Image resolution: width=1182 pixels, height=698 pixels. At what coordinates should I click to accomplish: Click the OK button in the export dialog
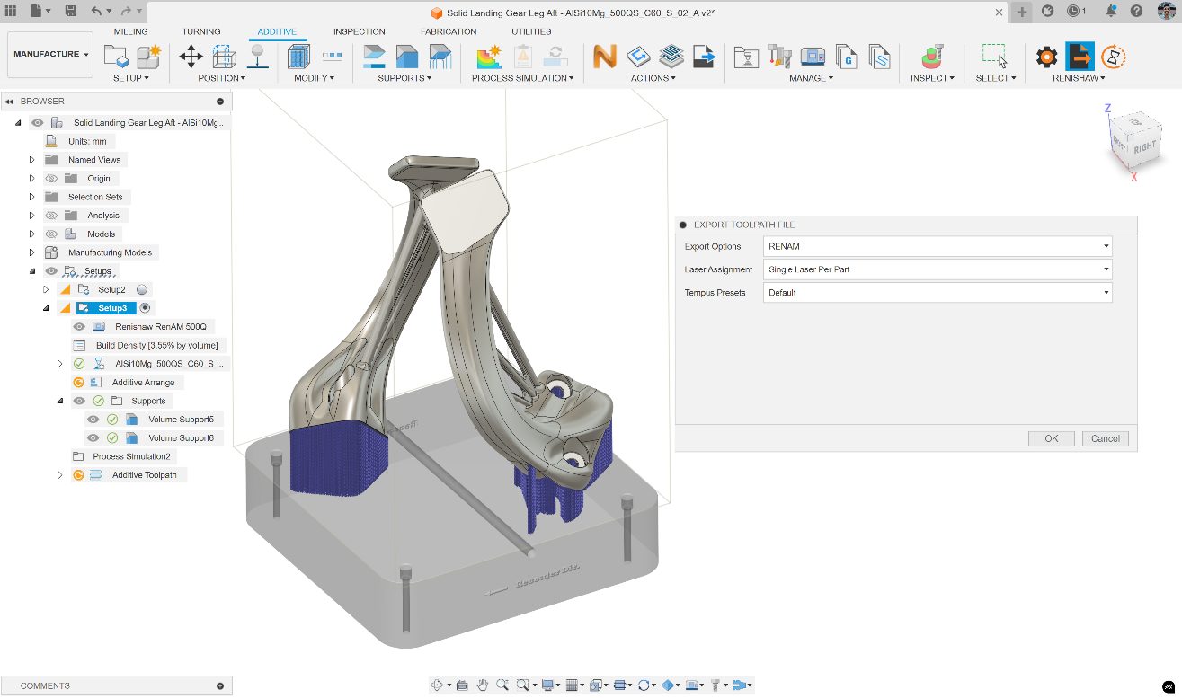1052,438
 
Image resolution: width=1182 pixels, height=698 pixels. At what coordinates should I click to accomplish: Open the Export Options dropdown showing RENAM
937,246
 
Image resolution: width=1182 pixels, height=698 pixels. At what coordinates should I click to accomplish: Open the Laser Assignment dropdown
937,269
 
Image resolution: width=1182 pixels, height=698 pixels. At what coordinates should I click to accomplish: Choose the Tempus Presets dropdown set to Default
937,293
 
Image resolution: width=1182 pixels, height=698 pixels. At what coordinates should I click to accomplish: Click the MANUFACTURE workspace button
50,55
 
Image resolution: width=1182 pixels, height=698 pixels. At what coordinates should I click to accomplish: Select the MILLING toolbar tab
130,31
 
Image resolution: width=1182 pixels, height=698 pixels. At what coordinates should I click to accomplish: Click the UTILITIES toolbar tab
531,31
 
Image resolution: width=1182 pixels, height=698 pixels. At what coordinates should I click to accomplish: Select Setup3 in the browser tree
112,308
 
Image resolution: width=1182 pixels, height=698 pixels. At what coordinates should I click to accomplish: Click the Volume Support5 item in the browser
181,420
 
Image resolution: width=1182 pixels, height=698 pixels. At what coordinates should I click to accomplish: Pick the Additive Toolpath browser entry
144,475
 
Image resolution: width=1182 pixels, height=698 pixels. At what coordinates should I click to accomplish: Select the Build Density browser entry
156,345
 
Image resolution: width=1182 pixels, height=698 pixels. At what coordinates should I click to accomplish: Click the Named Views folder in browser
94,160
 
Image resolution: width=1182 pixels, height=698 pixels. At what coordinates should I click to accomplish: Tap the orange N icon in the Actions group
605,57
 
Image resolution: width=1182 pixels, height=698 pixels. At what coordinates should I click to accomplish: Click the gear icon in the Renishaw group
1046,57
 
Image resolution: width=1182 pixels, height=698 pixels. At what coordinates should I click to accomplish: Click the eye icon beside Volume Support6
93,438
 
